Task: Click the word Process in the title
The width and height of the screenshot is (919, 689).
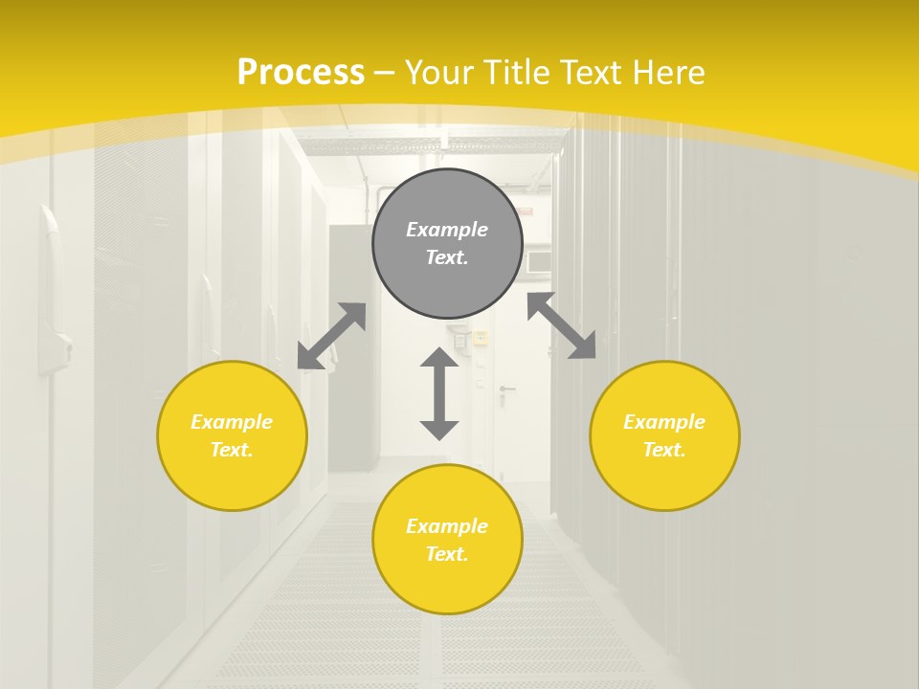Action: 301,72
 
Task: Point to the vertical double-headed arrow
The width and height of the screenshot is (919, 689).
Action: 439,393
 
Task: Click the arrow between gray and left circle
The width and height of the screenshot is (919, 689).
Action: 331,336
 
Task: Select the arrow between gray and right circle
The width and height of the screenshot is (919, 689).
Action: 561,325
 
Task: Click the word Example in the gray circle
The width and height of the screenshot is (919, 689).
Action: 447,230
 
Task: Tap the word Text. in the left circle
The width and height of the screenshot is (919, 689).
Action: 232,450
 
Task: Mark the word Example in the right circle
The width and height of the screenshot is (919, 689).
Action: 664,422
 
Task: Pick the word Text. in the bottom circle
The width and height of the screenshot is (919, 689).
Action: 447,554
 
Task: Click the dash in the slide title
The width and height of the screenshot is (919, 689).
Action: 385,73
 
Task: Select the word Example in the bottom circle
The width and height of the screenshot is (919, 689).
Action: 447,526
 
